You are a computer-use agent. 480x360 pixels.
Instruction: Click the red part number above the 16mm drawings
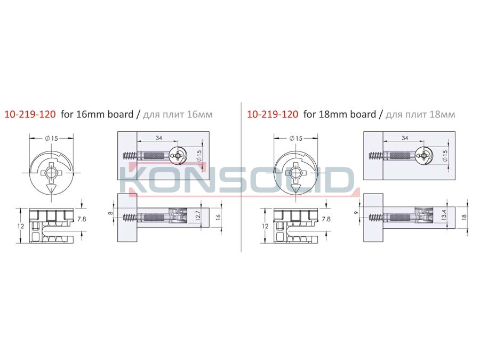pyautogui.click(x=30, y=115)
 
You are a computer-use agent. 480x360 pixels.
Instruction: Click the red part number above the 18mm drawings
pyautogui.click(x=273, y=115)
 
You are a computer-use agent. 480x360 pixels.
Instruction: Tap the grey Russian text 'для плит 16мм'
pyautogui.click(x=178, y=115)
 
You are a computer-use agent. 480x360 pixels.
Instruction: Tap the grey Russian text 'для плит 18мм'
pyautogui.click(x=420, y=115)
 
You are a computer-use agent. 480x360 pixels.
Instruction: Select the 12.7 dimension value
pyautogui.click(x=197, y=216)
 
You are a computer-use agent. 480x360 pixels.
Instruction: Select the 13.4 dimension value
pyautogui.click(x=444, y=215)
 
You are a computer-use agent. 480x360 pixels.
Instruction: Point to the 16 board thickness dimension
pyautogui.click(x=218, y=218)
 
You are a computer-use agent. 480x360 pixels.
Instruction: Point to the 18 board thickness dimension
pyautogui.click(x=464, y=217)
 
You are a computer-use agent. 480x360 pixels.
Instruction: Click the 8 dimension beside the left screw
pyautogui.click(x=111, y=213)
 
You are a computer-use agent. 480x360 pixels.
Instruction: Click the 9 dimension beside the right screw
pyautogui.click(x=356, y=212)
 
